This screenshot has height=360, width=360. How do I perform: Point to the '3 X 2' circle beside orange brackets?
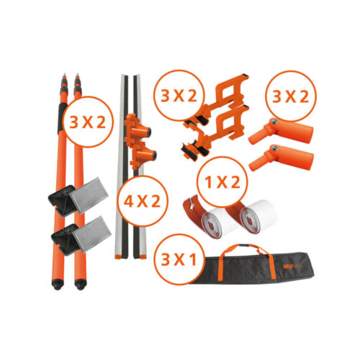[x=178, y=94]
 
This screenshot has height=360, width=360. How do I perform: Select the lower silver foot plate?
[x=86, y=236]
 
